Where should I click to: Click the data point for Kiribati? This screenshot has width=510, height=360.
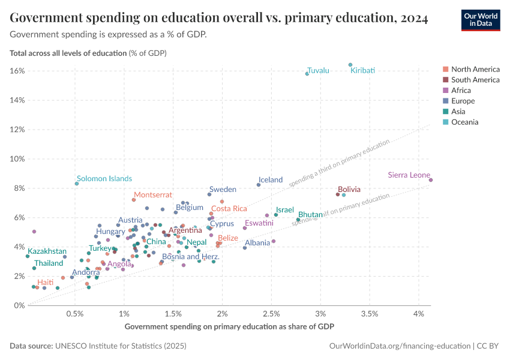tap(350, 65)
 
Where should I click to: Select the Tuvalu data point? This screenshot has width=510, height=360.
tap(307, 74)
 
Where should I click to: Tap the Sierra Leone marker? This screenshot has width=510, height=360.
tap(431, 180)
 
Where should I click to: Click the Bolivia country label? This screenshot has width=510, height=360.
tap(349, 189)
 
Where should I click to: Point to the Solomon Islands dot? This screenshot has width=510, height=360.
tap(77, 184)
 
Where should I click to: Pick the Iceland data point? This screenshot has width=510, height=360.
tap(259, 185)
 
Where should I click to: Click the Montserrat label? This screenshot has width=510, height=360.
tap(152, 195)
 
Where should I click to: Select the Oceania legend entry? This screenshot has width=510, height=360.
tap(464, 122)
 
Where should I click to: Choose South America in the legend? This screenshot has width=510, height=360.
tap(475, 79)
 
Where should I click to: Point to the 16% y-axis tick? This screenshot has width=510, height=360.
tap(17, 71)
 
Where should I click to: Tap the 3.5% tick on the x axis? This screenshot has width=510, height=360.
tap(370, 314)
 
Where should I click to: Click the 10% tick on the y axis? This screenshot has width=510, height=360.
tap(17, 159)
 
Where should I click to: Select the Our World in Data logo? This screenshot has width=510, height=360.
tap(481, 19)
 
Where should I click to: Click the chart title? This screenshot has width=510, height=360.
tap(219, 19)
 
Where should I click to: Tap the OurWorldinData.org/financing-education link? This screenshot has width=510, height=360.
tap(400, 346)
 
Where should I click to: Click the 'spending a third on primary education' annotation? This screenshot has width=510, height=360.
tap(339, 164)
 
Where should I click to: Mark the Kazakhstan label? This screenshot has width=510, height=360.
tap(47, 251)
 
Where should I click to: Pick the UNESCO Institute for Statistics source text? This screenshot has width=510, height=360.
tap(120, 346)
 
